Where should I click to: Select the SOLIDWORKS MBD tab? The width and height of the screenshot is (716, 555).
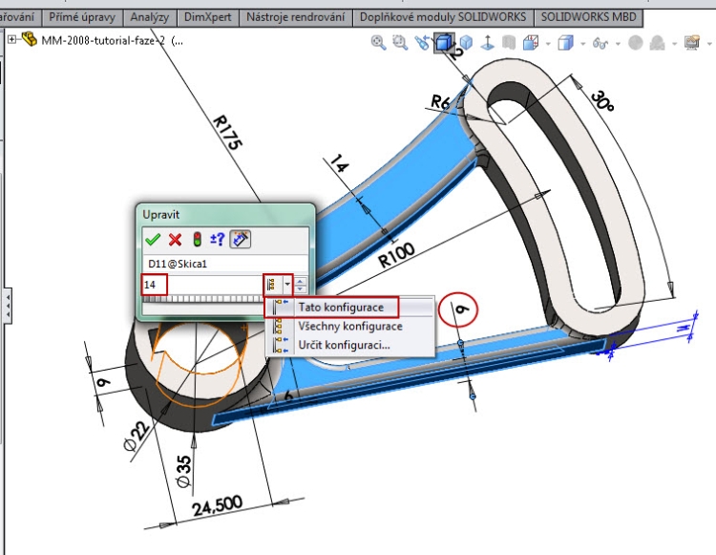589,17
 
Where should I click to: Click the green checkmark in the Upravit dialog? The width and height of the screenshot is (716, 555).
152,239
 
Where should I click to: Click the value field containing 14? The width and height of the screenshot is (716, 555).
200,285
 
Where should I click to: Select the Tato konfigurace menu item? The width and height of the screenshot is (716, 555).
341,308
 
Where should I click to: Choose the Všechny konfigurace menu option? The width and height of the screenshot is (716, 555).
349,326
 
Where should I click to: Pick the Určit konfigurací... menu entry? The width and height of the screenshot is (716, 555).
344,344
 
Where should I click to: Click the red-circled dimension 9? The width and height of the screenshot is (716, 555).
460,309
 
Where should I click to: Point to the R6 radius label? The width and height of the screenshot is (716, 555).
440,101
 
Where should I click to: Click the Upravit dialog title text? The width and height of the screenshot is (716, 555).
160,214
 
